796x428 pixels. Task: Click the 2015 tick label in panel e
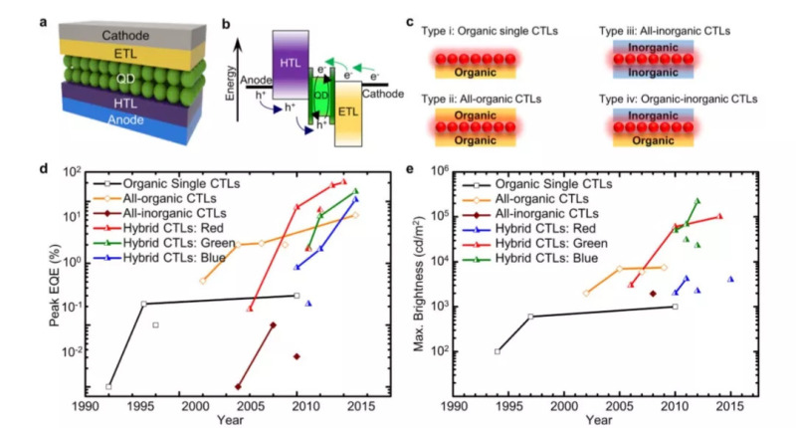pos(730,407)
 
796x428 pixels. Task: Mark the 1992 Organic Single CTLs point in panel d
pos(108,386)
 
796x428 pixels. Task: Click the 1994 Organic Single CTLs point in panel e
pos(497,351)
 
